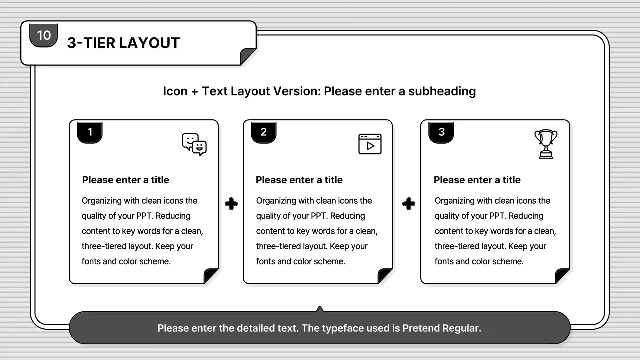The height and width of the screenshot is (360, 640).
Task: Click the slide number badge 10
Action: point(44,35)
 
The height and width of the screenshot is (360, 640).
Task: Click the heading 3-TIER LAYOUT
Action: point(123,43)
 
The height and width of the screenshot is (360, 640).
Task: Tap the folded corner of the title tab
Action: point(247,56)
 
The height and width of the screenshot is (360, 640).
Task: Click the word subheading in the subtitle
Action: point(442,91)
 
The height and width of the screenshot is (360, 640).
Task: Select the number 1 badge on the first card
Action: point(90,132)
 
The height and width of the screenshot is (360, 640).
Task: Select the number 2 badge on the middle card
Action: point(263,132)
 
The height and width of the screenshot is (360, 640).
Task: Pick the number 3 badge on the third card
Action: point(441,132)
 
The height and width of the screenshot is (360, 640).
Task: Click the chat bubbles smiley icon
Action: point(194,144)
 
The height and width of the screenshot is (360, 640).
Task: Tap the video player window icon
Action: point(370,144)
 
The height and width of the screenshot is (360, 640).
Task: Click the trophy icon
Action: point(546,144)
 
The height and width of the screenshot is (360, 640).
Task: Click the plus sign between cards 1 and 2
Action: point(231,204)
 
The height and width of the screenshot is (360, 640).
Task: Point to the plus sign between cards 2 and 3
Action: point(409,204)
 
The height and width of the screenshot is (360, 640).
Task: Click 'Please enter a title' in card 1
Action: point(126,180)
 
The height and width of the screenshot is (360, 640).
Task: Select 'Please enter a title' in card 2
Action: point(299,180)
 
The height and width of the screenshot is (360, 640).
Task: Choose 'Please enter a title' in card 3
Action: point(477,180)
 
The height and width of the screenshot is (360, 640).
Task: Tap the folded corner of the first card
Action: point(211,276)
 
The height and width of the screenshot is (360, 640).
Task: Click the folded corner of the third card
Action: point(562,276)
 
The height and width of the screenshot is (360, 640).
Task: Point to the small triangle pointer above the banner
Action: point(320,309)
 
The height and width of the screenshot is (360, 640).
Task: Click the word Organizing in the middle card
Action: point(276,201)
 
